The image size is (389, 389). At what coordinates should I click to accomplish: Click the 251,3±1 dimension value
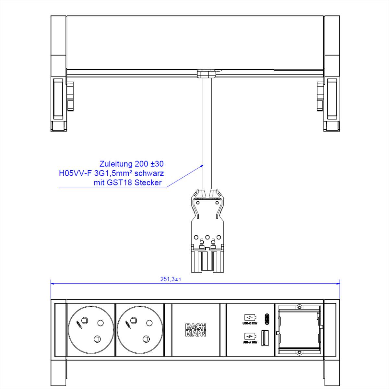[171, 279]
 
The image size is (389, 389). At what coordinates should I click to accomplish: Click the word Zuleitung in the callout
[115, 164]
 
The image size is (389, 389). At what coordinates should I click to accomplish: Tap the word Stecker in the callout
[148, 183]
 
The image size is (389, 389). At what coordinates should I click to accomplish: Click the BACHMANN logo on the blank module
[195, 330]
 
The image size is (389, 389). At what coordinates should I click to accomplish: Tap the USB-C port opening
[267, 319]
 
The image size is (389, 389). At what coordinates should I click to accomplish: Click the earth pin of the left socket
[100, 323]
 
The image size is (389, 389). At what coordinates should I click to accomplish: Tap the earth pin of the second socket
[149, 323]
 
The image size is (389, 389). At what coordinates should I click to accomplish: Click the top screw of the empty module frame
[300, 307]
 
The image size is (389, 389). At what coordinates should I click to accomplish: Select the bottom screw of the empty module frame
[300, 352]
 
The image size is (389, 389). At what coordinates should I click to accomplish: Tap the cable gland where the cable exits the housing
[206, 74]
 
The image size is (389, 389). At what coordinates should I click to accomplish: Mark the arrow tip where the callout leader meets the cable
[203, 165]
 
